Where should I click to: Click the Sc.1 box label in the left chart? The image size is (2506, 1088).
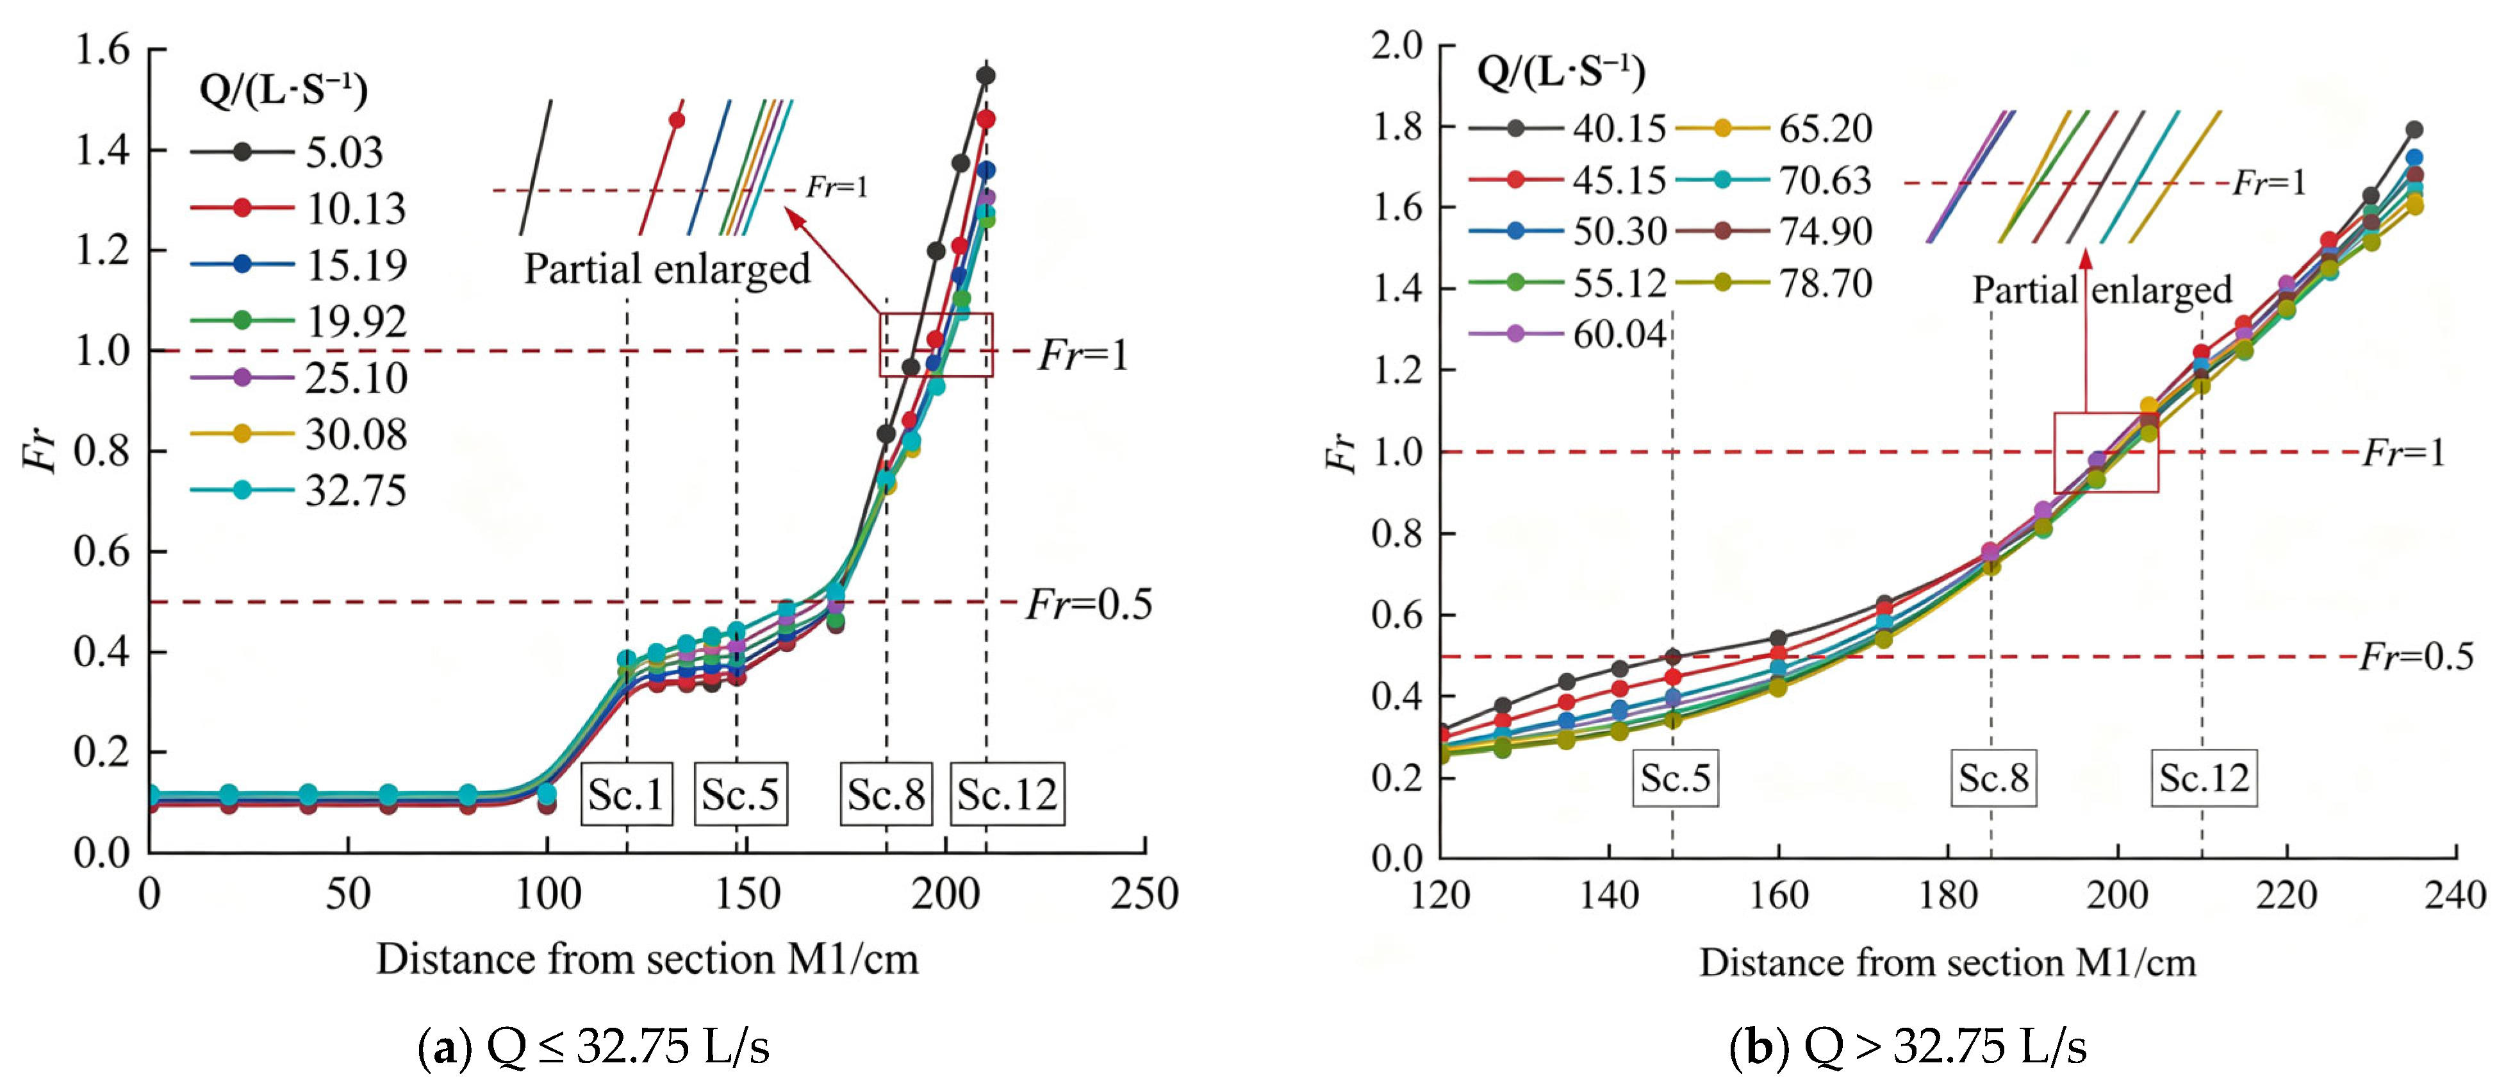pyautogui.click(x=627, y=794)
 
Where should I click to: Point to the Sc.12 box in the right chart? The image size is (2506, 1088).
pyautogui.click(x=2204, y=778)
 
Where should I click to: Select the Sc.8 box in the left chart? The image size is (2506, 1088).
pyautogui.click(x=886, y=794)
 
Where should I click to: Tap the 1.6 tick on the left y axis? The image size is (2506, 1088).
pyautogui.click(x=102, y=49)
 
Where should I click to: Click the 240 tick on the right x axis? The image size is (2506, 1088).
pyautogui.click(x=2455, y=894)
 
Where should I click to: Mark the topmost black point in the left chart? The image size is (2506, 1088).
pyautogui.click(x=985, y=76)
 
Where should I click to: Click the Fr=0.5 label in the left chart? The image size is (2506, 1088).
pyautogui.click(x=1089, y=605)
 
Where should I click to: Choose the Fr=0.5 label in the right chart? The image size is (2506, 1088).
pyautogui.click(x=2416, y=657)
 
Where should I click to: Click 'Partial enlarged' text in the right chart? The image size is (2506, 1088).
pyautogui.click(x=2102, y=290)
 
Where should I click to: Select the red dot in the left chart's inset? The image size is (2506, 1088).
pyautogui.click(x=677, y=121)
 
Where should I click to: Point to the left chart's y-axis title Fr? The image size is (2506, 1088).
pyautogui.click(x=41, y=451)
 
